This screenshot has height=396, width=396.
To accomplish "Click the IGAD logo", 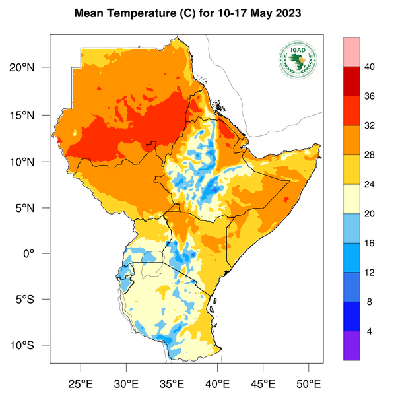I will pos(298,61).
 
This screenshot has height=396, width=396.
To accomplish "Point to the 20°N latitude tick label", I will pos(32,68).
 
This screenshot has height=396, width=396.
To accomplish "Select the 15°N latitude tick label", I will pos(32,115).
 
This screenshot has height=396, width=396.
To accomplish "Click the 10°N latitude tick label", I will pos(32,161).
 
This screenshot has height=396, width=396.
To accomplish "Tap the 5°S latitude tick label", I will pos(34,299).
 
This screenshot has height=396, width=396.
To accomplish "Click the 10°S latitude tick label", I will pos(32,345).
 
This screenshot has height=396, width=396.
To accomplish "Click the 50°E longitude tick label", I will pos(308,383).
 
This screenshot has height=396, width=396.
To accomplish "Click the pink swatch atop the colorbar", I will pos(352,51).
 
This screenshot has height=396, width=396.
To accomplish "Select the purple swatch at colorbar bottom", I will pos(352,346).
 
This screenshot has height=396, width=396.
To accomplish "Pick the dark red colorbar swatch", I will pos(352,81).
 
